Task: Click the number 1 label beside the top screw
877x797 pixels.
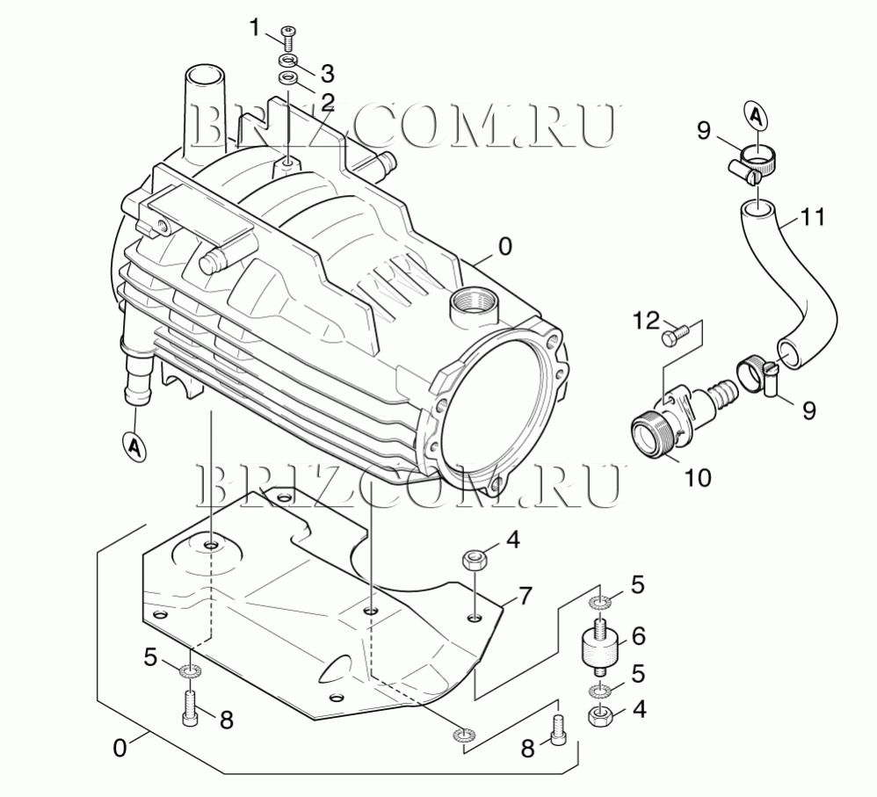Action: [x=256, y=29]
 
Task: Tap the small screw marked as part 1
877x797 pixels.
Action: [x=288, y=36]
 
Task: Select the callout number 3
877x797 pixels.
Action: [x=327, y=72]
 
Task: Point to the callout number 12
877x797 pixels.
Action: [x=646, y=321]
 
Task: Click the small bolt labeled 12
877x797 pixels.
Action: [x=674, y=336]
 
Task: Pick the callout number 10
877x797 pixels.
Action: [x=698, y=477]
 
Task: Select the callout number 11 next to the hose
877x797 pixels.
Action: [x=814, y=215]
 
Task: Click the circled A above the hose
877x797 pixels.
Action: [x=755, y=112]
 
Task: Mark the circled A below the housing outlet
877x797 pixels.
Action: [x=134, y=446]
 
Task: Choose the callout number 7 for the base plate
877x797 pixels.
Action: [x=524, y=597]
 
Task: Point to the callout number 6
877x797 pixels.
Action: [x=639, y=634]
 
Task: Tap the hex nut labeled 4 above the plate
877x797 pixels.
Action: [x=475, y=560]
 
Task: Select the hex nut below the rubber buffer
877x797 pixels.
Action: [x=600, y=715]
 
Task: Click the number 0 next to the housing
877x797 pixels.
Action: [x=504, y=248]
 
